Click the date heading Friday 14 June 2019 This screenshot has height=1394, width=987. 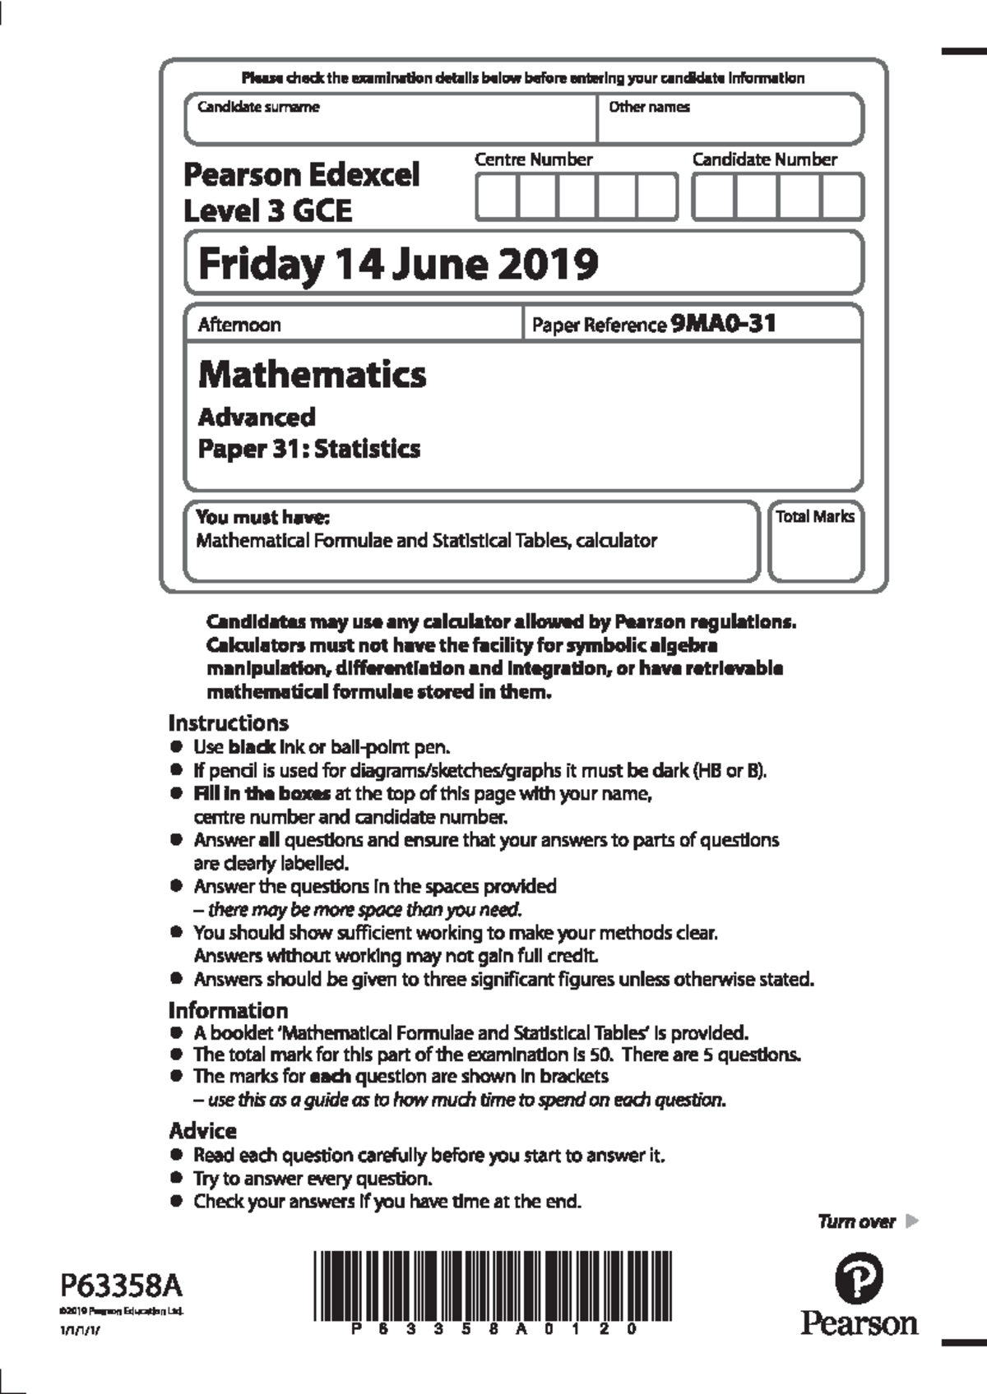pos(398,264)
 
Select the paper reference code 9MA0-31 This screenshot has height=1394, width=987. pos(723,324)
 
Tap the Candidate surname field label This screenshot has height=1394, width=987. pos(258,107)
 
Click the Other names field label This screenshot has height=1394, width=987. pos(649,107)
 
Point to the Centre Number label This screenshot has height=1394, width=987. pos(533,159)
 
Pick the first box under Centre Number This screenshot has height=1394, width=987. pos(497,197)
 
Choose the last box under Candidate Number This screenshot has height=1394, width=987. pos(841,197)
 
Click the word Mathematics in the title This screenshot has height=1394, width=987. pos(313,374)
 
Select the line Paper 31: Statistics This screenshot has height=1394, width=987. pos(309,449)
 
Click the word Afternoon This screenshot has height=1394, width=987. pos(239,325)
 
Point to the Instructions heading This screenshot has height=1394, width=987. pos(229,723)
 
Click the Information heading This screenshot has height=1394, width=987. pos(229,1010)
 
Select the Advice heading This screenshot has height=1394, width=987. pos(202,1131)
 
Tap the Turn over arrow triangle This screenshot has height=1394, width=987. pos(911,1221)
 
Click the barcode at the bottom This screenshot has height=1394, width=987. pos(492,1286)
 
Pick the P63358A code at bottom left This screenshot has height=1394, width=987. pos(122,1286)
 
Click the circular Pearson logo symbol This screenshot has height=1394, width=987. pos(860,1280)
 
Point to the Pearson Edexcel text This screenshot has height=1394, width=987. pos(301,175)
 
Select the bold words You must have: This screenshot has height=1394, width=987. pos(262,518)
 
